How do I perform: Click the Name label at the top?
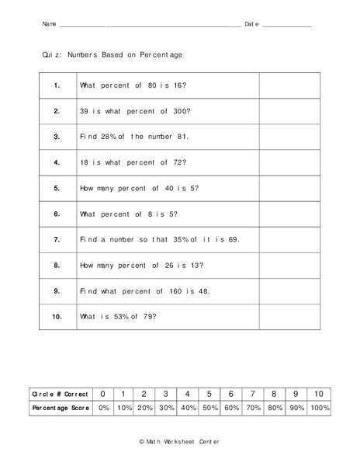(x=49, y=25)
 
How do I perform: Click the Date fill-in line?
(x=287, y=26)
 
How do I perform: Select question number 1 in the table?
(x=57, y=85)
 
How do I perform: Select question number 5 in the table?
(x=57, y=188)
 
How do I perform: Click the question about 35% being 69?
(x=160, y=239)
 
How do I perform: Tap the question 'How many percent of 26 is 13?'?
(x=141, y=265)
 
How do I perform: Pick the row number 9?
(x=57, y=290)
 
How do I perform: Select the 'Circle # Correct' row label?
(x=61, y=394)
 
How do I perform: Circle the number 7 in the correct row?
(x=253, y=394)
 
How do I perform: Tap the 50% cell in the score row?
(x=209, y=408)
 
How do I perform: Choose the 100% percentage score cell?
(x=319, y=408)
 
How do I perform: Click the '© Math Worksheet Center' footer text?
(x=179, y=440)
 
